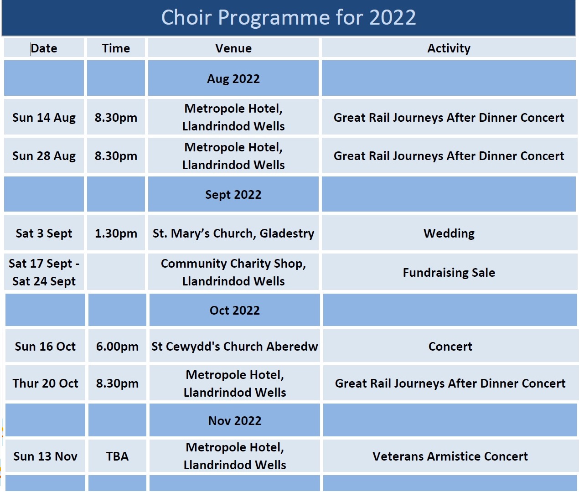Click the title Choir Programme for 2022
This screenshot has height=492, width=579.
[289, 17]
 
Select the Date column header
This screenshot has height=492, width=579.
[44, 48]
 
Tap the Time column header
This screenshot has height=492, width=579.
[116, 48]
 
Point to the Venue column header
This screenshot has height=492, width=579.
[233, 48]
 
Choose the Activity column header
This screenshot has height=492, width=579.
[449, 48]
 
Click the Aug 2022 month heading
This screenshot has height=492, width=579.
[233, 79]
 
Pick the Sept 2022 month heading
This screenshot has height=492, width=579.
[233, 194]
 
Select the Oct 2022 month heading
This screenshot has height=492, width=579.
[235, 310]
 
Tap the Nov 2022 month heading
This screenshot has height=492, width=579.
[235, 420]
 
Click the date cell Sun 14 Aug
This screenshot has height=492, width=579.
[44, 117]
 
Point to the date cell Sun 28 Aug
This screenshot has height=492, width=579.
[44, 156]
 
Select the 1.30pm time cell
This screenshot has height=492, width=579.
[116, 233]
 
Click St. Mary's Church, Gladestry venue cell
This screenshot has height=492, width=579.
[233, 233]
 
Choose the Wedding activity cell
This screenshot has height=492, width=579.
[449, 233]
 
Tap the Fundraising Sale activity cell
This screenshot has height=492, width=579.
[449, 272]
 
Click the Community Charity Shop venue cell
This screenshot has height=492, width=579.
[233, 272]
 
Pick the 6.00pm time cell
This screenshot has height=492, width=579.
[117, 347]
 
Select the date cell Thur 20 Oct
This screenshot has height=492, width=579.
[46, 383]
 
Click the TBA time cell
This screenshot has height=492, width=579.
[117, 456]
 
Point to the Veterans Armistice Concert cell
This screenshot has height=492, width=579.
[450, 456]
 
